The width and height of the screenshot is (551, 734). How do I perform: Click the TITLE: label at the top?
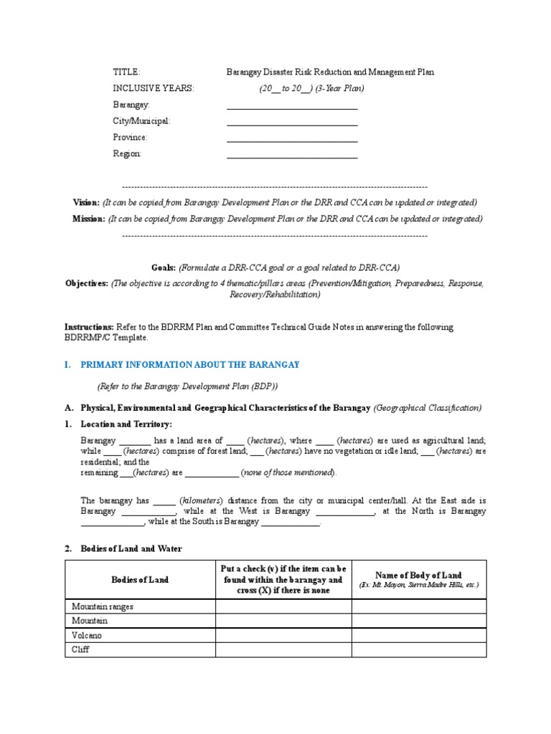[x=126, y=72]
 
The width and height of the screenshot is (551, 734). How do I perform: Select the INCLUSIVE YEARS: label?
[x=153, y=88]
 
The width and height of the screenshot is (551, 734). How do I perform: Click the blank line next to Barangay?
[x=292, y=108]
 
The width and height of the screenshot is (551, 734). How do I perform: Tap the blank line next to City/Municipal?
[x=292, y=124]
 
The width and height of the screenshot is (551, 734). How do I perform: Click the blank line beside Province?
[x=292, y=140]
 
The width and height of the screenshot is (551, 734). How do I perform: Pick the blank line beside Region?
[x=292, y=156]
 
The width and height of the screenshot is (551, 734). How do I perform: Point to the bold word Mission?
[x=88, y=219]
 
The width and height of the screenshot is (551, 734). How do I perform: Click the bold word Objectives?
[x=87, y=283]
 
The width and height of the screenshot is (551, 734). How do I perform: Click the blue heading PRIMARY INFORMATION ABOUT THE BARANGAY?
[x=189, y=365]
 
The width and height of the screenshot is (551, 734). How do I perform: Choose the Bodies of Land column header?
[x=140, y=579]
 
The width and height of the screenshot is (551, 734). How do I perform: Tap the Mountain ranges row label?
[x=103, y=606]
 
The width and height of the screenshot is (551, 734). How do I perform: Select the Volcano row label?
[x=87, y=635]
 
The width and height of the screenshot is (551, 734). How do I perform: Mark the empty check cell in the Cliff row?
[x=283, y=650]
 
